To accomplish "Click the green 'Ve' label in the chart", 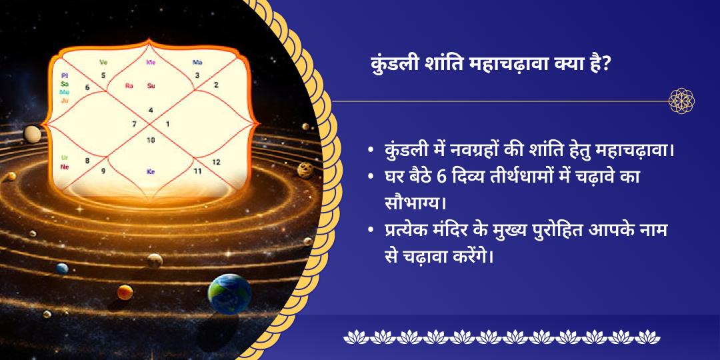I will (x=103, y=63).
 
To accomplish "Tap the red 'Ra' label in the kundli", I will (x=129, y=85).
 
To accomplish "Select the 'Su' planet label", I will (x=151, y=85).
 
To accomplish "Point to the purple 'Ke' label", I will (x=150, y=171).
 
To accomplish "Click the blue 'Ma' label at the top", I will (x=197, y=63).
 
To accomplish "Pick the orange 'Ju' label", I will (x=65, y=100).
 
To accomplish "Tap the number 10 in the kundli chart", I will (x=151, y=140).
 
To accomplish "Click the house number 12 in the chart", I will (x=215, y=162).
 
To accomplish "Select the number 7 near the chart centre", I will (x=134, y=124).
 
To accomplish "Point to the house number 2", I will (x=216, y=85).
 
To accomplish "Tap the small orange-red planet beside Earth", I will (x=125, y=292).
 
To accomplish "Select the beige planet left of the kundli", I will (x=32, y=134).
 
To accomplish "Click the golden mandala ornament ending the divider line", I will (x=682, y=101).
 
